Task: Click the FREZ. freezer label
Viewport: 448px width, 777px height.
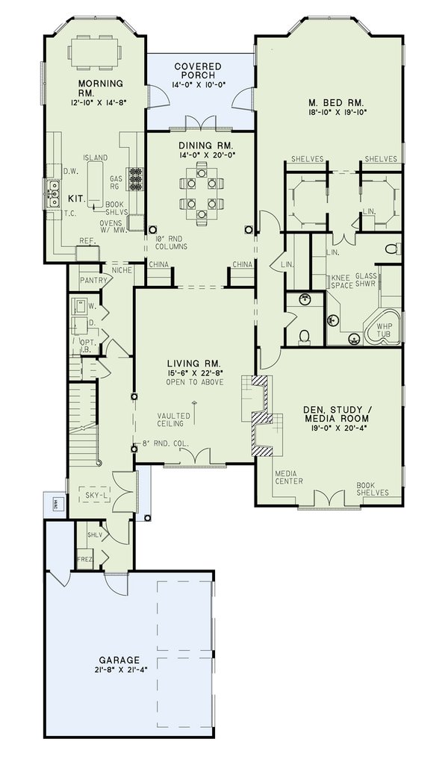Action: coord(84,559)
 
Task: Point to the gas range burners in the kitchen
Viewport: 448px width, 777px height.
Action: coord(136,178)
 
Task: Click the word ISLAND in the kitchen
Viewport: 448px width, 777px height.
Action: coord(96,157)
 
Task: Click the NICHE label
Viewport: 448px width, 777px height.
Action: coord(121,270)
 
